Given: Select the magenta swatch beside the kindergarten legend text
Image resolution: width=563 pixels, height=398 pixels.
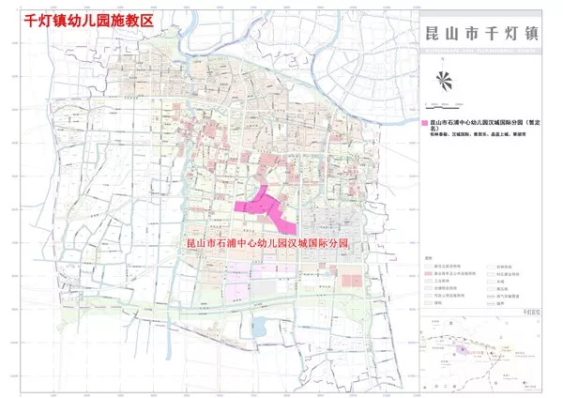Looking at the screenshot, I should [x=424, y=123].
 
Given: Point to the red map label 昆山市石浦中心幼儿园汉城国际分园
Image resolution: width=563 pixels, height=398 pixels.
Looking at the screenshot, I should [x=268, y=243].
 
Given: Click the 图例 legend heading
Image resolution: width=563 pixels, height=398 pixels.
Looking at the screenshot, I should [x=428, y=258].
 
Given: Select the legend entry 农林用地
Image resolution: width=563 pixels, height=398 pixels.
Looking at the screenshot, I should [x=501, y=267].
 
